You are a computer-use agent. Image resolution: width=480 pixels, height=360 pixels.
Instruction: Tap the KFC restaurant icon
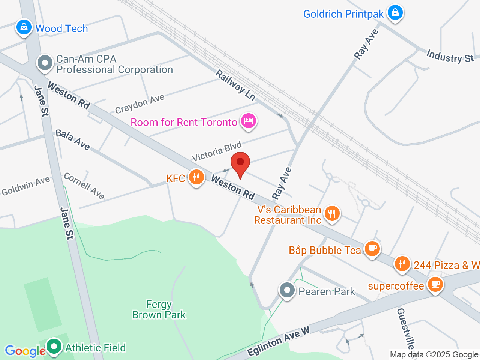coord(196,177)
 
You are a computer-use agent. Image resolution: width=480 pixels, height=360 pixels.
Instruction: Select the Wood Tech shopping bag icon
coord(24,28)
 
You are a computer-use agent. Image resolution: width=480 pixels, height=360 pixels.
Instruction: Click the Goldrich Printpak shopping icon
coord(395,13)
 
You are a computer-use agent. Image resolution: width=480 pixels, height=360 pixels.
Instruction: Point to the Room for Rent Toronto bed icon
coord(248,121)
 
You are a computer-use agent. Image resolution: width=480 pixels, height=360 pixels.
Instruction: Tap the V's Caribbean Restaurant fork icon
coord(332,214)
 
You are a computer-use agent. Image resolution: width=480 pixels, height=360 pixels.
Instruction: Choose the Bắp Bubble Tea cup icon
coord(372,249)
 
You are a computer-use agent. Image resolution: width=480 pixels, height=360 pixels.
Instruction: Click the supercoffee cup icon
coord(435,285)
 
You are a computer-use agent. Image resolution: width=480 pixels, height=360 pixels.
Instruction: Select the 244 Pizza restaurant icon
coord(402,264)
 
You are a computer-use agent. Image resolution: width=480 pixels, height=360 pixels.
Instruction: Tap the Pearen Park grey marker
coord(288,290)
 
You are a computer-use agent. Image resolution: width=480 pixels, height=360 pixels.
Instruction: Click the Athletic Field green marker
coord(54,346)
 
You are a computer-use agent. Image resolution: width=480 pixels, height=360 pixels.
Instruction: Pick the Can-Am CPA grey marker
coord(45,63)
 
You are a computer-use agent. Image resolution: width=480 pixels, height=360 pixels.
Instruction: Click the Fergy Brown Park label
coord(159,309)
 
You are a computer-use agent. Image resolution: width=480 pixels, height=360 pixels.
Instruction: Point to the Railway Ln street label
coord(235,85)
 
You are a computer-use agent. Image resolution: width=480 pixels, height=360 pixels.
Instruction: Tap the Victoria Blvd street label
coord(217,151)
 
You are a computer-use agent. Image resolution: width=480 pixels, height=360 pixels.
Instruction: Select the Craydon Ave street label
coord(139,103)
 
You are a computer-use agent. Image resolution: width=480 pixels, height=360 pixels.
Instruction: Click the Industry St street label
coord(450,57)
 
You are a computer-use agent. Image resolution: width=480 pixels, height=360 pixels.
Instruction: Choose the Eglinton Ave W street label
coord(279,341)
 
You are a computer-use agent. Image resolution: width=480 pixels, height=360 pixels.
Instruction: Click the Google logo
coord(25,351)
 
